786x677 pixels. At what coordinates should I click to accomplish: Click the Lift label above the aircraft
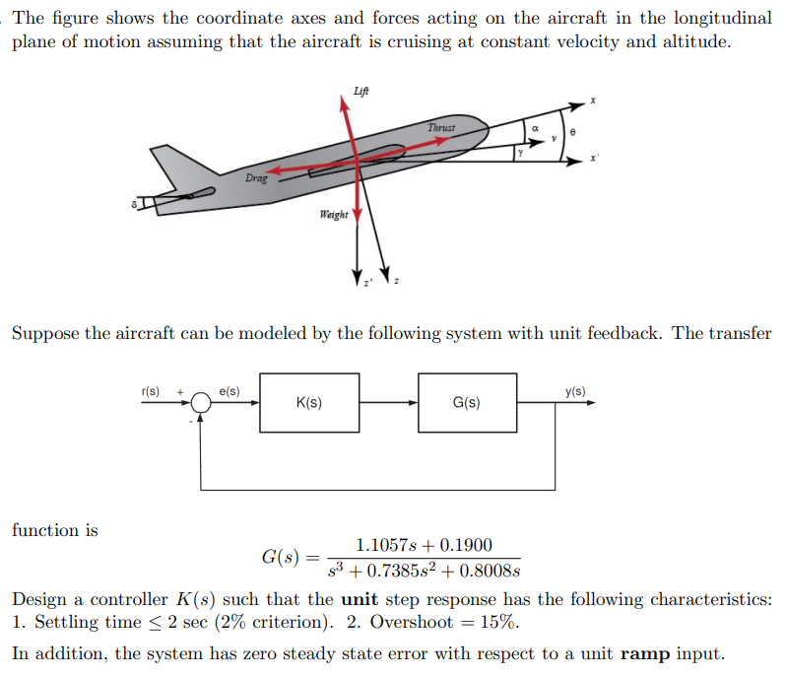coord(361,92)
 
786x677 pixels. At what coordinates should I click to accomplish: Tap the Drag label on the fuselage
coord(256,178)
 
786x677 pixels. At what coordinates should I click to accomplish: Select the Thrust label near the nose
coord(442,128)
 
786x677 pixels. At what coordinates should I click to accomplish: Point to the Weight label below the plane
coord(333,214)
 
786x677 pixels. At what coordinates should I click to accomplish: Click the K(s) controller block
coord(308,402)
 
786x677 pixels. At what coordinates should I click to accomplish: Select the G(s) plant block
coord(466,402)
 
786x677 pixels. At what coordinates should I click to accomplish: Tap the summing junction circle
coord(201,402)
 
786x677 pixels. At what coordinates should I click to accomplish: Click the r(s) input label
coord(152,391)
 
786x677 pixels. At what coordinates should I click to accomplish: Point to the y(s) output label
coord(575,391)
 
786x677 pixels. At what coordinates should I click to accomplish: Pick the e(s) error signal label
coord(229,391)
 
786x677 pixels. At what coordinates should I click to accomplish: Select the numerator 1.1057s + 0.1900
coord(424,545)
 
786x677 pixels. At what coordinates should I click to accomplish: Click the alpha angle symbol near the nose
coord(534,127)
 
